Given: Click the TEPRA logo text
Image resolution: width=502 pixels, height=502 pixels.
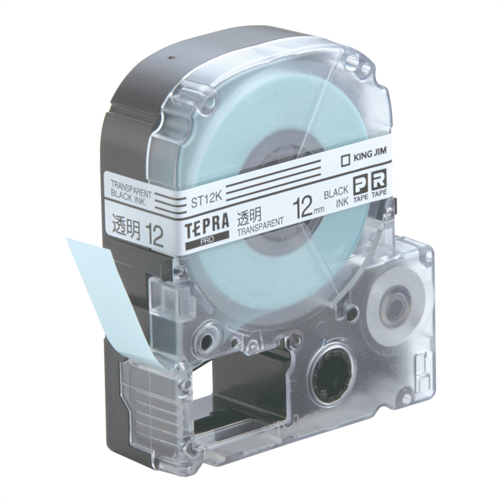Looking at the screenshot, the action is pyautogui.click(x=207, y=226).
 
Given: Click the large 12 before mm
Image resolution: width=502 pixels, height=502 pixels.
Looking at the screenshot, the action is pyautogui.click(x=305, y=208).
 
